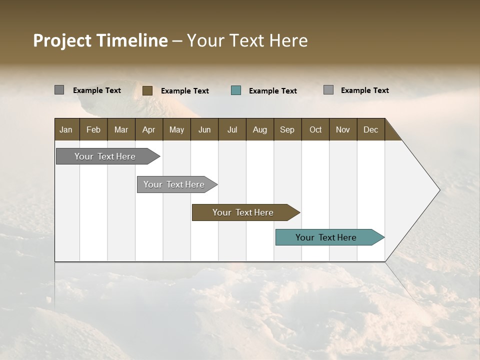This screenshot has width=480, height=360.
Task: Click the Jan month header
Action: (x=66, y=129)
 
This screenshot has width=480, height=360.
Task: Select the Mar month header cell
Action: (x=121, y=129)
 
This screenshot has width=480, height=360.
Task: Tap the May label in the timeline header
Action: (x=176, y=129)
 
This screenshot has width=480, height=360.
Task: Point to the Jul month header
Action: (x=232, y=129)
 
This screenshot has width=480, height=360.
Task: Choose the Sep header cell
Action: (x=287, y=129)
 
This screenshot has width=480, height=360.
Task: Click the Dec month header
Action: (x=370, y=129)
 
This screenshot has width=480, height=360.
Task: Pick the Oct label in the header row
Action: (x=315, y=129)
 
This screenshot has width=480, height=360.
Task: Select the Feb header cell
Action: (x=93, y=129)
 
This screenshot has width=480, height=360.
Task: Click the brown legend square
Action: (x=147, y=90)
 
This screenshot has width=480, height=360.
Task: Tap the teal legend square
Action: (x=236, y=90)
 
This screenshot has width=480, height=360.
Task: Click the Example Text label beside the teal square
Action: (x=272, y=90)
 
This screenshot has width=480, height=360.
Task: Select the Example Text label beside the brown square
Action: (x=184, y=90)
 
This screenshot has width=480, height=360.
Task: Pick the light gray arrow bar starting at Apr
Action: (x=174, y=184)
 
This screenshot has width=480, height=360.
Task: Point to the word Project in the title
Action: (x=62, y=40)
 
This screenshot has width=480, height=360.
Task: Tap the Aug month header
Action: (x=259, y=129)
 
